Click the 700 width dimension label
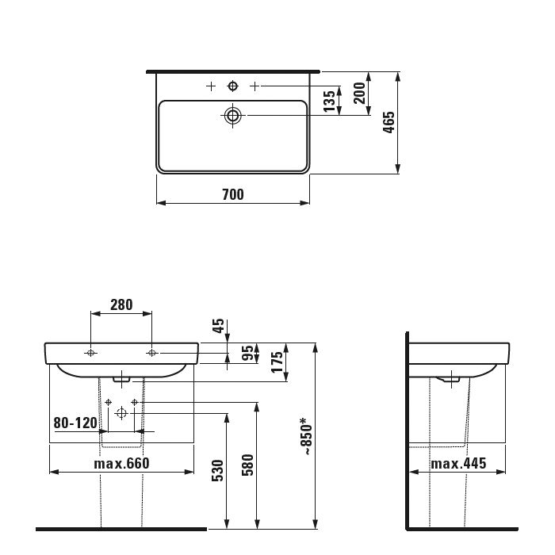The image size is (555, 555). coord(233,195)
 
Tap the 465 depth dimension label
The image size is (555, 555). coord(388,122)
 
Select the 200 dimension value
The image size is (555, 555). coord(359,93)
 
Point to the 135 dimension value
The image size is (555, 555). coord(329,101)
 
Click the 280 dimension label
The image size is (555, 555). coord(121,304)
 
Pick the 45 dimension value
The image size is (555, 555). coord(218,326)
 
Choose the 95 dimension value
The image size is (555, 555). coord(247,353)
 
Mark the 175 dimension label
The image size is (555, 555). coord(277,362)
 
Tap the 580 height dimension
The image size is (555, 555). coord(247,465)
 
